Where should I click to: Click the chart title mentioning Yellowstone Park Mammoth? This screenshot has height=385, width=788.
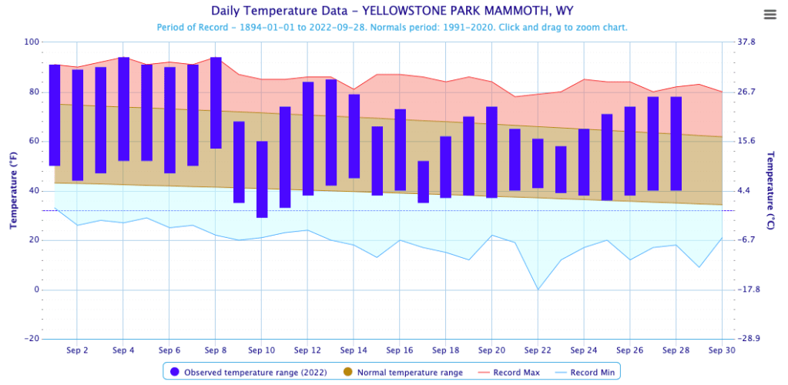click(x=392, y=12)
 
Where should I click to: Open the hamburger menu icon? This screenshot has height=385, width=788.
click(x=770, y=15)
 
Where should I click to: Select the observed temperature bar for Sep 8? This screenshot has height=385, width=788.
click(x=216, y=103)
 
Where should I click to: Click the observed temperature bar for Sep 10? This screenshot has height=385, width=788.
click(x=262, y=179)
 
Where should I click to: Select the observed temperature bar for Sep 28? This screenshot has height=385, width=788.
click(x=676, y=143)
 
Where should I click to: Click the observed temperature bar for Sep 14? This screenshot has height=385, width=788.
click(x=354, y=136)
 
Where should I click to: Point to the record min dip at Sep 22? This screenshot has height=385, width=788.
click(x=538, y=289)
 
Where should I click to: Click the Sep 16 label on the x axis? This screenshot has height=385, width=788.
click(x=399, y=350)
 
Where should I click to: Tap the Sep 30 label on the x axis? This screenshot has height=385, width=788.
click(x=721, y=350)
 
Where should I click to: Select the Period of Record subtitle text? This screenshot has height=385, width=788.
click(x=392, y=27)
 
